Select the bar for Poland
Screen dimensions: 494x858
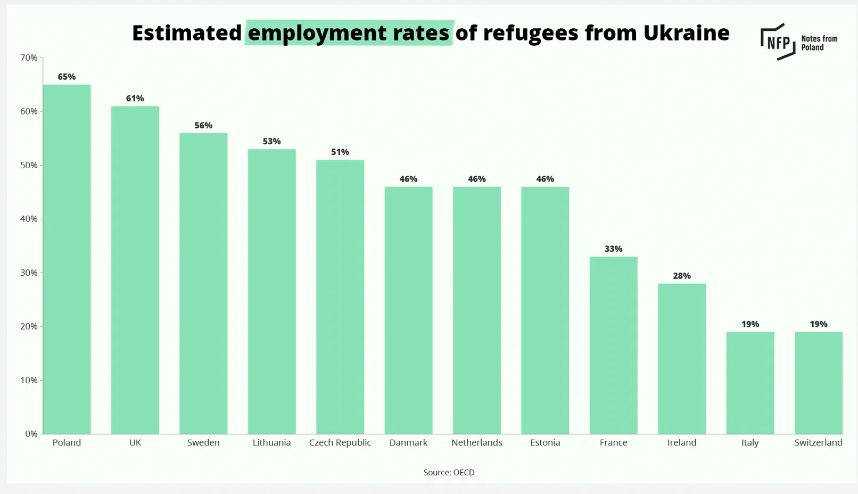click(x=67, y=259)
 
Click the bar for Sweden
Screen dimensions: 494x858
click(x=203, y=283)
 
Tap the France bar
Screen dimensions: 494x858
click(x=613, y=345)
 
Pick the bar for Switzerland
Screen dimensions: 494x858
click(x=818, y=383)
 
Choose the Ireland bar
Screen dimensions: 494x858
click(x=681, y=358)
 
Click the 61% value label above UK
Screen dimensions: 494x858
click(x=135, y=98)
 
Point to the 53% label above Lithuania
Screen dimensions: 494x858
click(x=271, y=142)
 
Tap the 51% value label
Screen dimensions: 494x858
click(x=340, y=152)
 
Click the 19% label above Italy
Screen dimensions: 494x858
click(x=750, y=324)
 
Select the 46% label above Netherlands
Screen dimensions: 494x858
click(x=476, y=179)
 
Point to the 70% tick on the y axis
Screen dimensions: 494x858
click(x=29, y=57)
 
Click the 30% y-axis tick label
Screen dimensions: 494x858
click(x=29, y=273)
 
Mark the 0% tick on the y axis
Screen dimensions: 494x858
click(x=31, y=434)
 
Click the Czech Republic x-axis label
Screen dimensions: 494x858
click(x=340, y=442)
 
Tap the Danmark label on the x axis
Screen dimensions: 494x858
click(x=408, y=442)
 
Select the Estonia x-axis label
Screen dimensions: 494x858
click(x=545, y=442)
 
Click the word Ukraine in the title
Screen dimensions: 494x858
click(x=686, y=33)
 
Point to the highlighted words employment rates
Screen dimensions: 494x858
click(x=349, y=33)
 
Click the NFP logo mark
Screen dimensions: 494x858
click(x=778, y=42)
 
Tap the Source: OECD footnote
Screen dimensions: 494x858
click(x=449, y=472)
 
